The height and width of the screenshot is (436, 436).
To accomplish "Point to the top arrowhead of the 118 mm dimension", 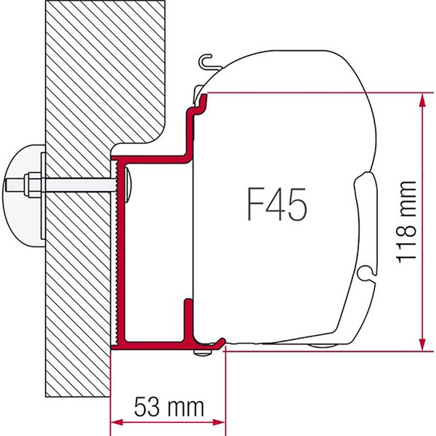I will (x=421, y=100).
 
